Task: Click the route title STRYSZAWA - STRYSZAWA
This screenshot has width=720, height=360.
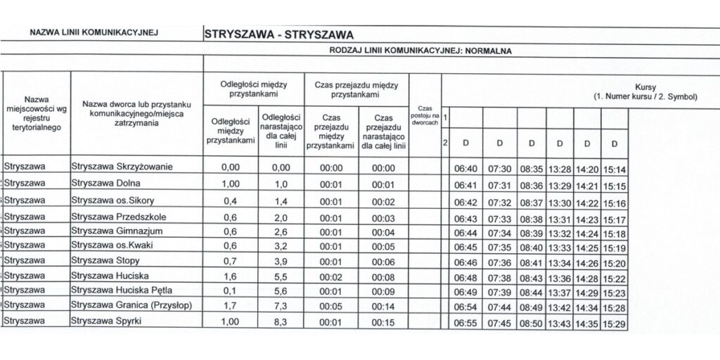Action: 278,33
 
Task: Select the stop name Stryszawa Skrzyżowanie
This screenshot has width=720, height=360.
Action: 122,167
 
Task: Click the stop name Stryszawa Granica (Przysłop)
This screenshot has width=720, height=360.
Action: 131,306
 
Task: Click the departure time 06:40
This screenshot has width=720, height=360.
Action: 466,169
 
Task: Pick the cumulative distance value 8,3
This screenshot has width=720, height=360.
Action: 281,322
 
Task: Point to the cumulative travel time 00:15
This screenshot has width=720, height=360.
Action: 383,322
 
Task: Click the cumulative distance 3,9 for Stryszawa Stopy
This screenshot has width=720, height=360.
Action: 281,261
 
